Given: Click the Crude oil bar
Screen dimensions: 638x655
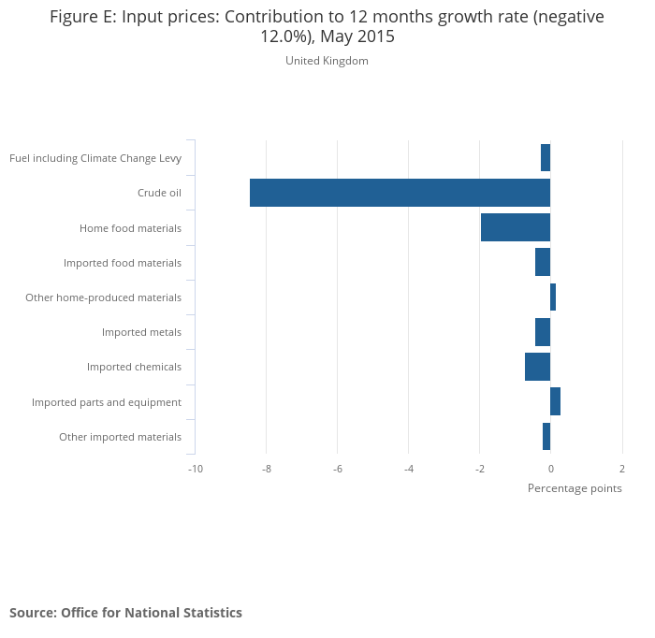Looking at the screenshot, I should [x=400, y=193].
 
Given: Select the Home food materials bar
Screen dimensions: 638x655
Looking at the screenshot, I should [x=516, y=227].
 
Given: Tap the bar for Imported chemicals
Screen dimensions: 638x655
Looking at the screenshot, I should [x=537, y=367].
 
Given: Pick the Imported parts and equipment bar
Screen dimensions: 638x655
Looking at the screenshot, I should [x=555, y=401].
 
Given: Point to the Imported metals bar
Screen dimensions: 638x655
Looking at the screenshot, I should [x=543, y=332].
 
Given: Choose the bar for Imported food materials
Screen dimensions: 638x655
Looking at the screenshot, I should [x=543, y=262].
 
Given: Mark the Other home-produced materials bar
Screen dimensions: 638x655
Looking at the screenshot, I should [x=553, y=297].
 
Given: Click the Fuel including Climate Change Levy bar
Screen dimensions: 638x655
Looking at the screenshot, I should [x=546, y=157].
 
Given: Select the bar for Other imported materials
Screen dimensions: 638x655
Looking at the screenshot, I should [x=546, y=436].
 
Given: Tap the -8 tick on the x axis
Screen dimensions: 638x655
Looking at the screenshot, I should [x=266, y=469].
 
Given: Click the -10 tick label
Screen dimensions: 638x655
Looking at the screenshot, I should [x=195, y=469].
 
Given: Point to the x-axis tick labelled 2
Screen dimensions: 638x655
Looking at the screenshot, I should [x=621, y=469].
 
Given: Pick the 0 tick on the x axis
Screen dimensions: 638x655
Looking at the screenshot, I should [x=550, y=469].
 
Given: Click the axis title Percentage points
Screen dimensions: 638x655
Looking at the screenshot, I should [x=575, y=488].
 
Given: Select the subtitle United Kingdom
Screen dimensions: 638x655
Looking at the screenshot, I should [x=327, y=61].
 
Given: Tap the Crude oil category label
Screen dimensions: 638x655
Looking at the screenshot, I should [x=159, y=193].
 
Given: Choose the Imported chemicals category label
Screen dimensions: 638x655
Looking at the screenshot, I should [x=134, y=367].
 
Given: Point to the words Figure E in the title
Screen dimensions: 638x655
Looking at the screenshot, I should [x=83, y=17].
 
